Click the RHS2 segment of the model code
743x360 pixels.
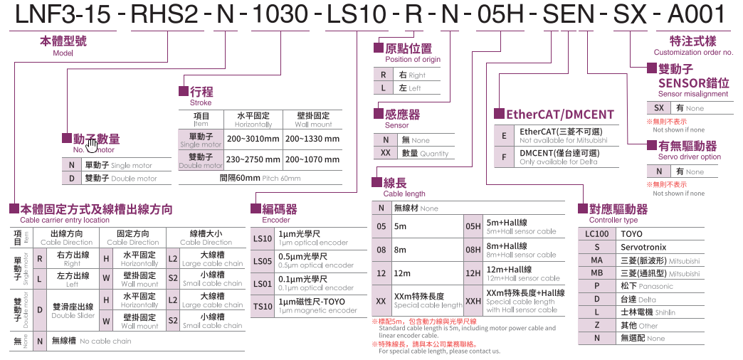point(167,14)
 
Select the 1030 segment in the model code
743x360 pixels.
point(280,14)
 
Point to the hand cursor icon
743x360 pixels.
point(92,146)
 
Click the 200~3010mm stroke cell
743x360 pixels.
point(253,139)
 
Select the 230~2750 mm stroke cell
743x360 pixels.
point(253,159)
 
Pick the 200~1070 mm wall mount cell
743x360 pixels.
point(312,159)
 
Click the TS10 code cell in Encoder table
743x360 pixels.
point(262,307)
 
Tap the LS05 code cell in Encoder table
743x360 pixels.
point(262,262)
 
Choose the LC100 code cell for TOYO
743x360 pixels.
point(596,234)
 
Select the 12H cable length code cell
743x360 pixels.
point(473,273)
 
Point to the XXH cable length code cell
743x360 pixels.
point(473,301)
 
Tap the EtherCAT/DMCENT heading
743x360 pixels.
point(559,114)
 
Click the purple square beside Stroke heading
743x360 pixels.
point(183,91)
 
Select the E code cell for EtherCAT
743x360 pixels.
point(504,135)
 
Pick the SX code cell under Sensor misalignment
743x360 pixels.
point(658,108)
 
